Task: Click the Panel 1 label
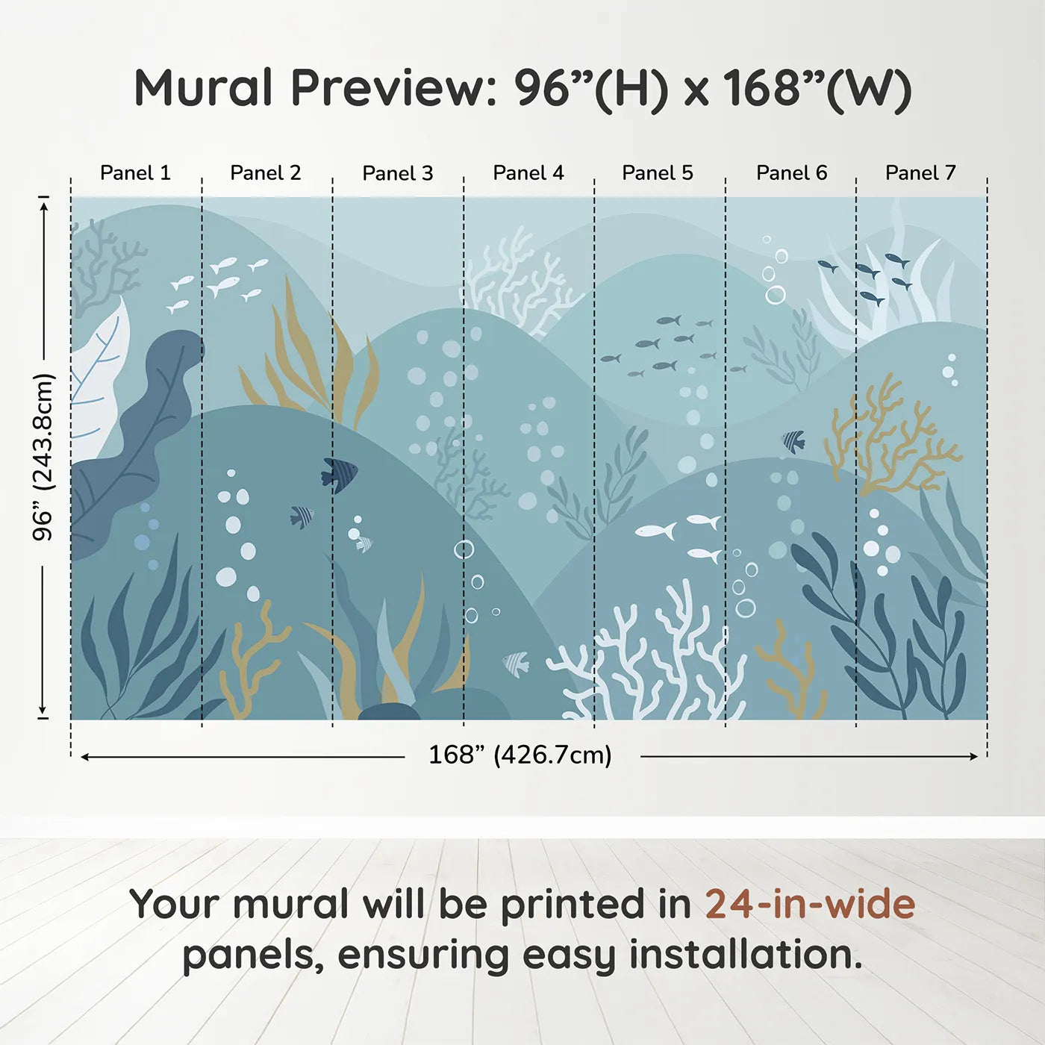[x=135, y=173]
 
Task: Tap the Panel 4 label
[x=528, y=173]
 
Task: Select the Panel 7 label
[x=920, y=173]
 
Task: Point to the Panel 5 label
[x=657, y=173]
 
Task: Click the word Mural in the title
[x=203, y=88]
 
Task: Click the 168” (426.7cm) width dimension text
[x=520, y=755]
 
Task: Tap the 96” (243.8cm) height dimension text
[x=43, y=457]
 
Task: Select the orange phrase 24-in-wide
[x=810, y=905]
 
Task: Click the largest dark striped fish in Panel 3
[x=340, y=474]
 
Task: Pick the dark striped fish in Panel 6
[x=794, y=441]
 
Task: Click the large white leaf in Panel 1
[x=99, y=381]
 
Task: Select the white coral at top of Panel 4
[x=522, y=284]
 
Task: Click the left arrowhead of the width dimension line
[x=85, y=757]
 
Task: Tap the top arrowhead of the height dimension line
[x=44, y=205]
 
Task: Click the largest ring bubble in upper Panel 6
[x=776, y=295]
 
